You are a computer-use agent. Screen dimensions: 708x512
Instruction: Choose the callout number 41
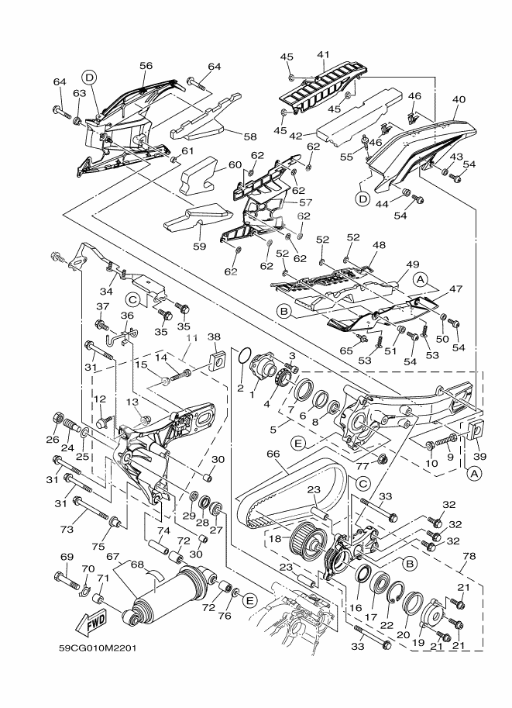(x=323, y=54)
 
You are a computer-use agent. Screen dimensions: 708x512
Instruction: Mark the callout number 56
(x=146, y=66)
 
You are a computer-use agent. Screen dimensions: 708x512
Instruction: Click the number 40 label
(x=459, y=99)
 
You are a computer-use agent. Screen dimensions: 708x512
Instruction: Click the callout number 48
(x=378, y=245)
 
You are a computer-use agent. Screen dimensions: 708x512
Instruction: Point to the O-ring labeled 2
(x=243, y=357)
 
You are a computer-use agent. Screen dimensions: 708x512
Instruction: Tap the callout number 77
(x=382, y=468)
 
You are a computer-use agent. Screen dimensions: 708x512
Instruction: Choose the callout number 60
(x=214, y=164)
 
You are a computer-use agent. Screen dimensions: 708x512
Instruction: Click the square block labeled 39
(x=476, y=428)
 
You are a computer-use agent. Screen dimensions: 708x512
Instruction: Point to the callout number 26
(x=53, y=440)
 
